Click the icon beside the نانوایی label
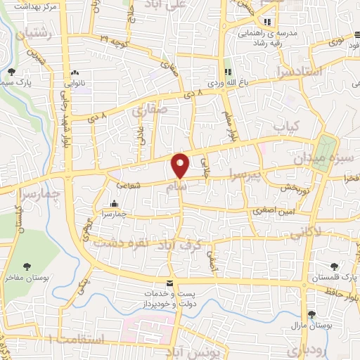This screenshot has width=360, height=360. pos(75,72)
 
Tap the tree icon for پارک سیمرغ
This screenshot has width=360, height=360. pos(11,72)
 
